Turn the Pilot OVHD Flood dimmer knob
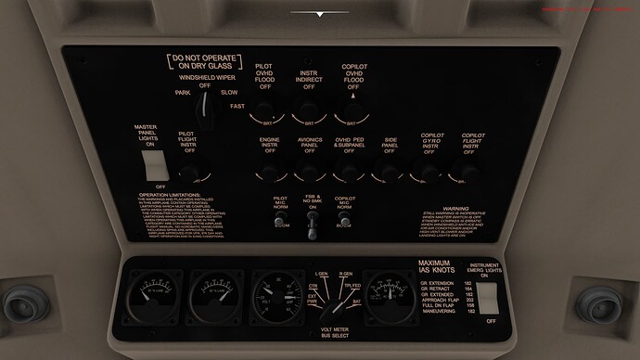[264, 113]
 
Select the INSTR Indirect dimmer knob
[305, 113]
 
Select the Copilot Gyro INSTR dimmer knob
[429, 172]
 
